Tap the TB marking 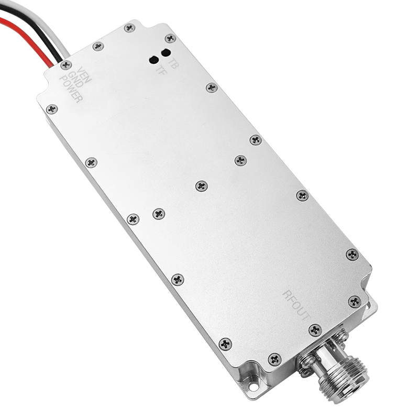(173, 63)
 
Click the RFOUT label (296, 305)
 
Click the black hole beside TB (166, 53)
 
